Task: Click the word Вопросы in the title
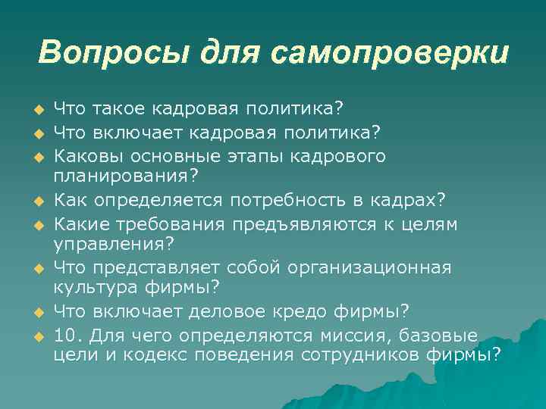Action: (x=113, y=53)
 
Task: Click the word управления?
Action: (x=114, y=244)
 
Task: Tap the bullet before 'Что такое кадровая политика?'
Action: (x=35, y=113)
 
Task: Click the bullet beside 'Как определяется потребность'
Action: (x=35, y=201)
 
